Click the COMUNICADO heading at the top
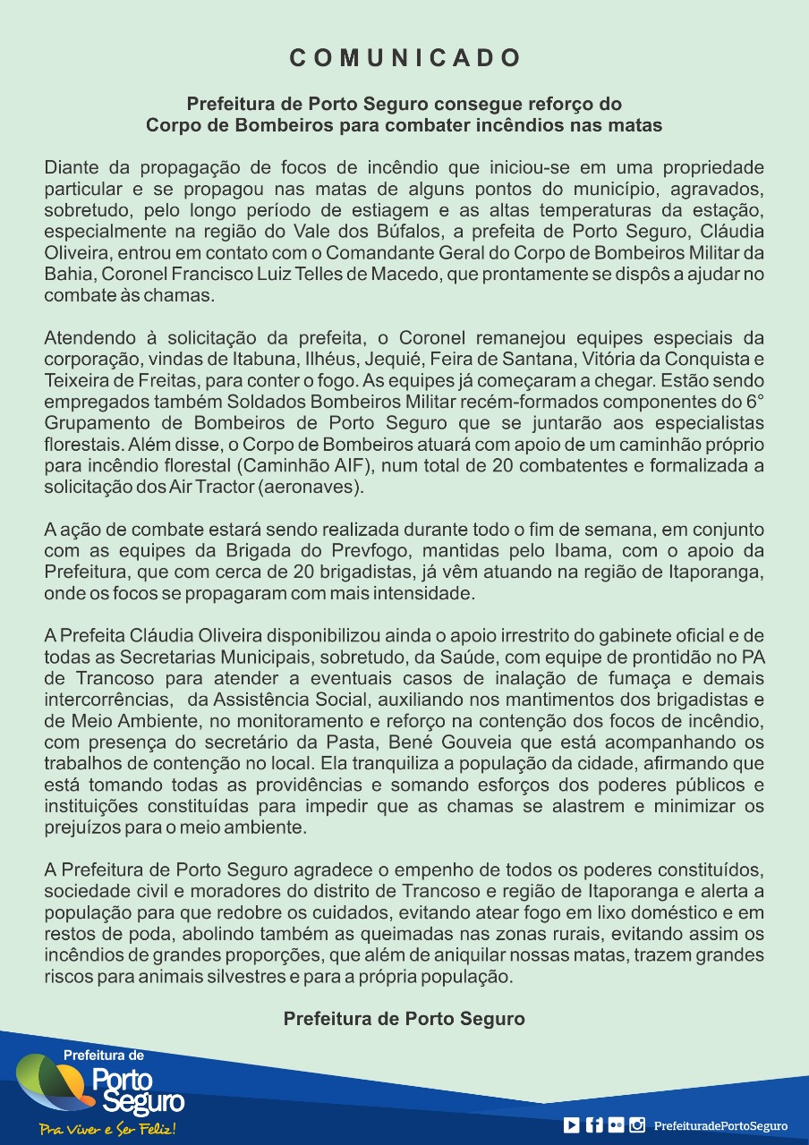pos(404,58)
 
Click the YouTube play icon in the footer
pos(571,1125)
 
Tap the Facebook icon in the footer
pos(594,1125)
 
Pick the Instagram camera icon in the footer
pos(637,1125)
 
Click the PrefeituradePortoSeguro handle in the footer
pos(720,1125)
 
